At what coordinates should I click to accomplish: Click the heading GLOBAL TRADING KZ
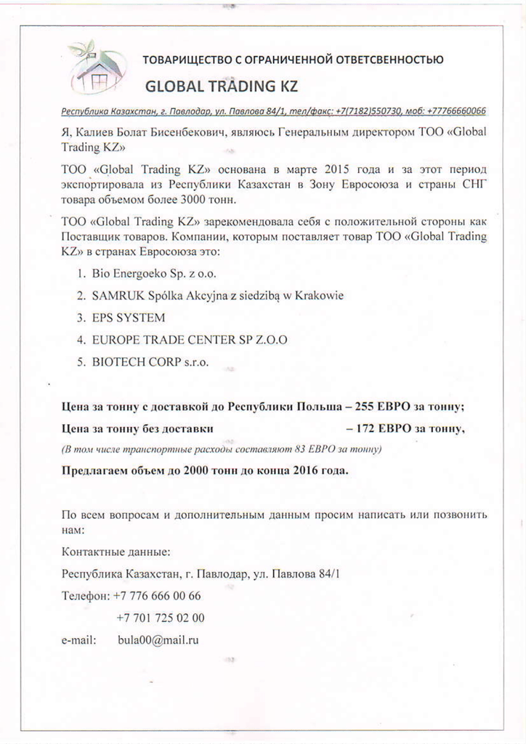[222, 86]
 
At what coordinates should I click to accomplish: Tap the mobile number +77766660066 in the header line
[457, 111]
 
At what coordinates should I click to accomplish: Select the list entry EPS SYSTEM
[129, 318]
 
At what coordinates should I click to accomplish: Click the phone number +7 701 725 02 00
[160, 618]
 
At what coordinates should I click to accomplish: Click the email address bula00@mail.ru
[158, 640]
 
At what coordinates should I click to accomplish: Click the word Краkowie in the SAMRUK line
[319, 296]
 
